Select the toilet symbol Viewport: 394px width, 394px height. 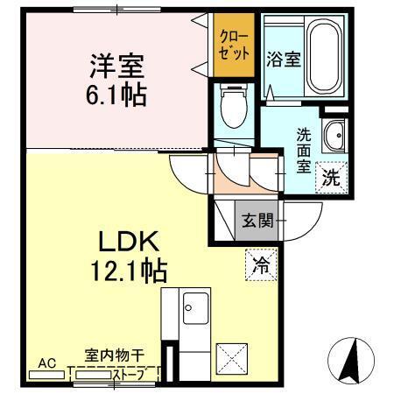pos(233,107)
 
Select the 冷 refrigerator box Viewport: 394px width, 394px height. pos(261,261)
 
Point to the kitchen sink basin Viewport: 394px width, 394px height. pos(193,308)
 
